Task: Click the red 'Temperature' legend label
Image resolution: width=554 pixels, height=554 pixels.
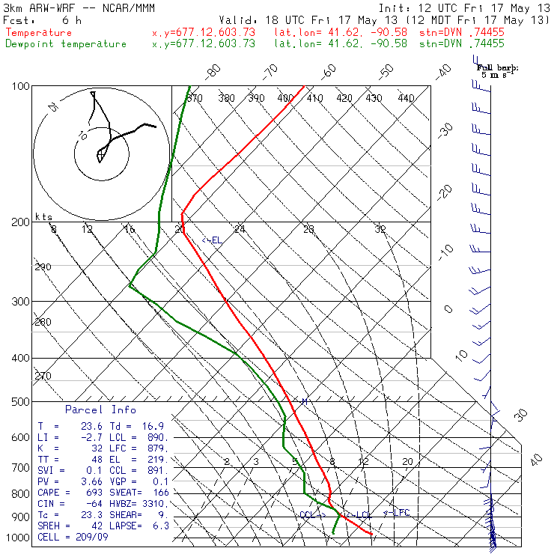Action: point(39,33)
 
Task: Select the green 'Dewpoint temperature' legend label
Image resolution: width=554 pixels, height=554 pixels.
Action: point(66,43)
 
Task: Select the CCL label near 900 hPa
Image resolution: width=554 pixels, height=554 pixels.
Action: point(308,515)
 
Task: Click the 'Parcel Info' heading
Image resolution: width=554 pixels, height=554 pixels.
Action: point(100,410)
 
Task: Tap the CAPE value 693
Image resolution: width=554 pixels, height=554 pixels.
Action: point(94,493)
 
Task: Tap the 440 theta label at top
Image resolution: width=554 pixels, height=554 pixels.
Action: point(406,98)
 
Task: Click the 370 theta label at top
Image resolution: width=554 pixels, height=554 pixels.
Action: point(194,98)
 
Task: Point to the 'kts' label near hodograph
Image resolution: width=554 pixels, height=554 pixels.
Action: point(44,216)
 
